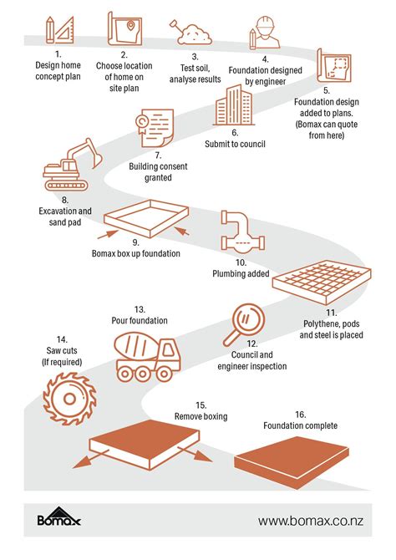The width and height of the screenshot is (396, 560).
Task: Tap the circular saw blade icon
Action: [69, 398]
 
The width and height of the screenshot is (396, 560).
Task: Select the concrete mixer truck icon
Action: [147, 356]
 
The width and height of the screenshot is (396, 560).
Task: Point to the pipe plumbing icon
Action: [243, 231]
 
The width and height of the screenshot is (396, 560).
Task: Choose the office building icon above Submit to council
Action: [234, 105]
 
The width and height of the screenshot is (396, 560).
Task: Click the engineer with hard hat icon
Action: [265, 32]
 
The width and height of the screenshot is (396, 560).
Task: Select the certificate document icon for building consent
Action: [155, 128]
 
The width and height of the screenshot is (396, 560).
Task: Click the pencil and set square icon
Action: [59, 30]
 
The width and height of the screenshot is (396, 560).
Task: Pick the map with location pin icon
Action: [124, 29]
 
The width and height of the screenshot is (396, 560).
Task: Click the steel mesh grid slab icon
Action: [322, 282]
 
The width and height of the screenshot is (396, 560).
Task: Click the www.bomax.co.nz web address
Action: [310, 521]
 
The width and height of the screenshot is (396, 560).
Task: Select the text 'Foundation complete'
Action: [300, 425]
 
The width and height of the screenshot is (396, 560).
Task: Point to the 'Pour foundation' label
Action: [140, 320]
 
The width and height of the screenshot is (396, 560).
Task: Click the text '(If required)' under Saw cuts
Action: [62, 362]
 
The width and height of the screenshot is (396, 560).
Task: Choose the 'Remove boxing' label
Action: [201, 416]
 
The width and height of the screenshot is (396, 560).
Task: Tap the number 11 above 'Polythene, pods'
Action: [331, 313]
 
